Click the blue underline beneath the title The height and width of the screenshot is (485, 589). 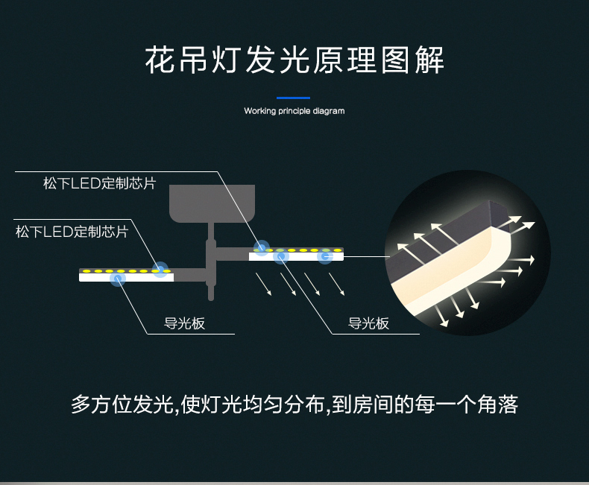[293, 98]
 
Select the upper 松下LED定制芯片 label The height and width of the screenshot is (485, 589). [100, 183]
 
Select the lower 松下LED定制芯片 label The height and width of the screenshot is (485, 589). [72, 232]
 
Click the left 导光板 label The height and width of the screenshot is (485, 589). [184, 323]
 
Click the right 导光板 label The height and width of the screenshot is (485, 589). [368, 323]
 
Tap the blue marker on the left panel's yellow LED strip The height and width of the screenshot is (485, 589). [160, 270]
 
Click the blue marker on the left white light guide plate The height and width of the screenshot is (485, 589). [118, 279]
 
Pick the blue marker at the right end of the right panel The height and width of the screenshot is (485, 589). [325, 256]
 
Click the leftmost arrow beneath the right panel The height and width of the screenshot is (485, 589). [263, 284]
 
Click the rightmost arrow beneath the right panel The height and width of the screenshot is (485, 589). [336, 284]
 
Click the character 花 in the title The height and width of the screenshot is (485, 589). [160, 60]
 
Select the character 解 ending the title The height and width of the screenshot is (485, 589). [429, 60]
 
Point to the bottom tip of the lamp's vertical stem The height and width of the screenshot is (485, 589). [211, 299]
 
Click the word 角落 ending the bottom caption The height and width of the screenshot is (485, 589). [498, 405]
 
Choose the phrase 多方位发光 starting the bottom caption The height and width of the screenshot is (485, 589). [122, 405]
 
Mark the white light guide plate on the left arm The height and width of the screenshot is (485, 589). [126, 277]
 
